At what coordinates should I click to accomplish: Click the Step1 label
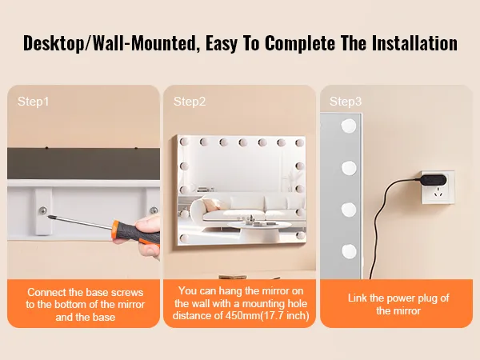[33, 102]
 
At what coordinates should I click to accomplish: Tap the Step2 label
[190, 102]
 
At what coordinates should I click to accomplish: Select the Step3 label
[346, 102]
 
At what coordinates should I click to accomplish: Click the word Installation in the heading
[414, 43]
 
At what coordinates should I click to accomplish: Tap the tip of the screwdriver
[48, 217]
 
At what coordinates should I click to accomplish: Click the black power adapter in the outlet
[433, 180]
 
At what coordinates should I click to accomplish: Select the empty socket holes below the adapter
[439, 194]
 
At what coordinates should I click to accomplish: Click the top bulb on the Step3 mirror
[349, 126]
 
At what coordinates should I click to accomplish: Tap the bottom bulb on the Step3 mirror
[349, 251]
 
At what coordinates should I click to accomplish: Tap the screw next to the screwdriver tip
[43, 210]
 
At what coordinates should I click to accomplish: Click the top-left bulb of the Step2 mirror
[184, 142]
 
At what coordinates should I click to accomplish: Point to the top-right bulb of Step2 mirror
[300, 142]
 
